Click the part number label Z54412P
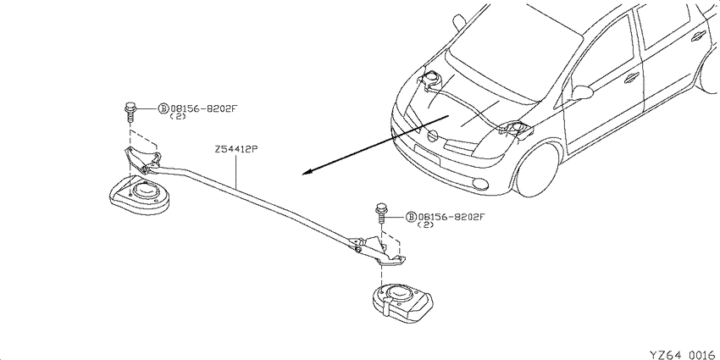pyautogui.click(x=235, y=150)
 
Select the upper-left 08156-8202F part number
pyautogui.click(x=204, y=108)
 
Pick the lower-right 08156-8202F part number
pyautogui.click(x=451, y=217)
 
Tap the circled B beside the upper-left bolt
pyautogui.click(x=163, y=108)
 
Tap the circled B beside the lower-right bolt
pyautogui.click(x=411, y=217)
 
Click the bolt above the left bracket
pyautogui.click(x=130, y=112)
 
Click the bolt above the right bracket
pyautogui.click(x=380, y=213)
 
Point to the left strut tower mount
pyautogui.click(x=140, y=194)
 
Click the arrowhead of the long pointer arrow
pyautogui.click(x=307, y=172)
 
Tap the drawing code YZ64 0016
pyautogui.click(x=684, y=354)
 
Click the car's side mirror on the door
pyautogui.click(x=582, y=93)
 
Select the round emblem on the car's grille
pyautogui.click(x=432, y=136)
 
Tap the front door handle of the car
pyautogui.click(x=632, y=78)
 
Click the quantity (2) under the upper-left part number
pyautogui.click(x=178, y=116)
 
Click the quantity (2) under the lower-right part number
pyautogui.click(x=425, y=225)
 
